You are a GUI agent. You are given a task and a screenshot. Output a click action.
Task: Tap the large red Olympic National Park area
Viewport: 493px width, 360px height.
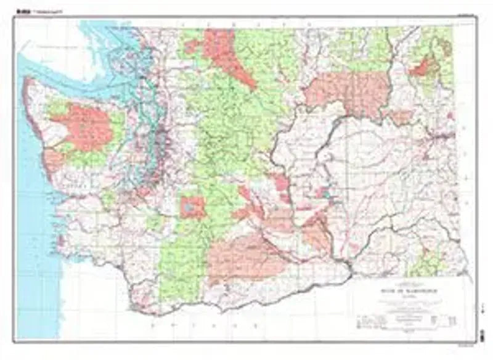[86, 127]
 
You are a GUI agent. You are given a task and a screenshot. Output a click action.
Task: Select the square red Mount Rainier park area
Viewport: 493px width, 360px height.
[192, 208]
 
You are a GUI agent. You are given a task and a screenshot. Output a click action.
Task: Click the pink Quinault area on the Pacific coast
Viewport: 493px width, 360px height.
[53, 161]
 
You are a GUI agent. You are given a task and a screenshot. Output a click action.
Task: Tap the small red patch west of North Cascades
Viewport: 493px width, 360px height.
[192, 46]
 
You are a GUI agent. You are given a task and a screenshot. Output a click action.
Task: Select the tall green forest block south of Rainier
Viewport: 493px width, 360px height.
[179, 265]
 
